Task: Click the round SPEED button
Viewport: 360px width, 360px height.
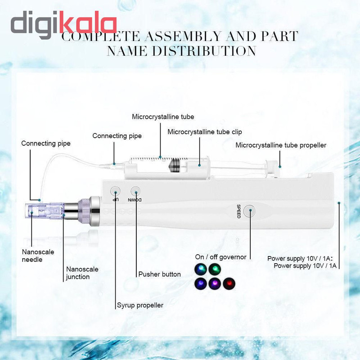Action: pyautogui.click(x=249, y=211)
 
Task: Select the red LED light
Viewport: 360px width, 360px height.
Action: pyautogui.click(x=229, y=283)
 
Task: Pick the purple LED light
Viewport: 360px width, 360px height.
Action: pyautogui.click(x=215, y=283)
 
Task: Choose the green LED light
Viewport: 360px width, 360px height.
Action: pyautogui.click(x=215, y=269)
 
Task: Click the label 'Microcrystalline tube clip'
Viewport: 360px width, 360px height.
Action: pyautogui.click(x=205, y=132)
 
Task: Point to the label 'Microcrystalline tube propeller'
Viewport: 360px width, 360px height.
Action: pyautogui.click(x=281, y=145)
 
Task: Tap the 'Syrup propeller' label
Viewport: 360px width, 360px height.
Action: pyautogui.click(x=140, y=305)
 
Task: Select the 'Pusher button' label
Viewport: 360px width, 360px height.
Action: pyautogui.click(x=159, y=274)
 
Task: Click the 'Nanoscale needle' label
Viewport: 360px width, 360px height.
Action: pyautogui.click(x=38, y=256)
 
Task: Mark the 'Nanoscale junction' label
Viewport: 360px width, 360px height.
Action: pyautogui.click(x=82, y=273)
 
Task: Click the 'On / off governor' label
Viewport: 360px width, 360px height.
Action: pyautogui.click(x=220, y=257)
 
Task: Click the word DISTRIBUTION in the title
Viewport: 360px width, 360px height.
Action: pyautogui.click(x=204, y=51)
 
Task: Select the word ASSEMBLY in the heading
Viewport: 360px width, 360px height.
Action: pyautogui.click(x=183, y=36)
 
